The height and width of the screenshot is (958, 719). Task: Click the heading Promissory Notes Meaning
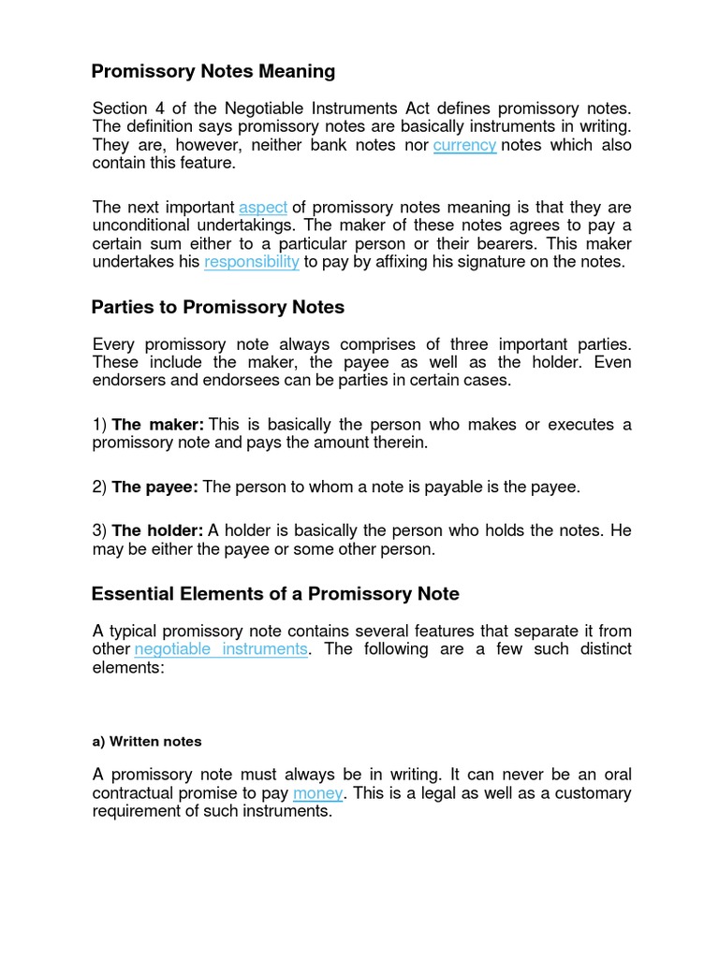tap(213, 71)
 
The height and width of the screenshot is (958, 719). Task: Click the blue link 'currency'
tap(464, 145)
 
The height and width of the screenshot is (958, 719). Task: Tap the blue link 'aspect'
tap(263, 208)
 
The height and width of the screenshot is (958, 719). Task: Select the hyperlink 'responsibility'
tap(252, 262)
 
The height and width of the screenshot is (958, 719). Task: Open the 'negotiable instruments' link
tap(221, 649)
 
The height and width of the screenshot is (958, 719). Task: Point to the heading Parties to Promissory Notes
tap(218, 307)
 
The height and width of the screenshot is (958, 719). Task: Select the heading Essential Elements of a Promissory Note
tap(275, 594)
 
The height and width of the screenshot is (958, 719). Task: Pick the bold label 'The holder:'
tap(157, 530)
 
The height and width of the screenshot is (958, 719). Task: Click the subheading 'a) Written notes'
tap(147, 741)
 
